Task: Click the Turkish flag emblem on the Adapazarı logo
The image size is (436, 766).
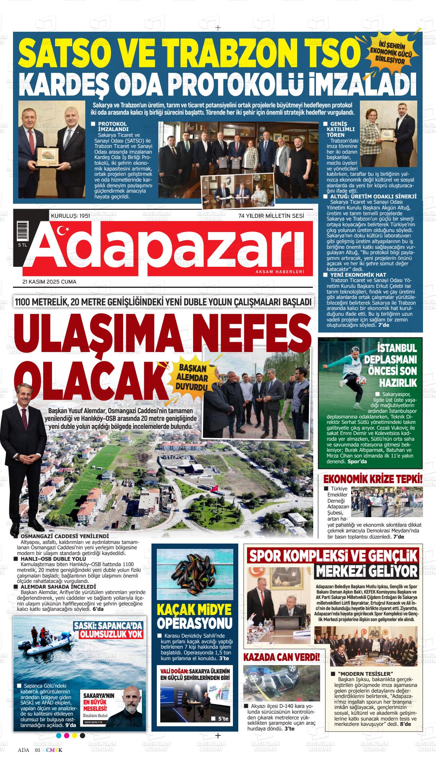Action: (63, 230)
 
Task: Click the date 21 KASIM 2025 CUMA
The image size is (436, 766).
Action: (49, 282)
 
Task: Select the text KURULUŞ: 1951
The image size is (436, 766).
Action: (70, 216)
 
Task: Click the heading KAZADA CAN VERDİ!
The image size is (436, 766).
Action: (281, 657)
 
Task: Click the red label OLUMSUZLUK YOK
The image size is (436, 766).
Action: (111, 634)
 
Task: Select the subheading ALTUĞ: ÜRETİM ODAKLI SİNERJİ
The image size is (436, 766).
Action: (373, 196)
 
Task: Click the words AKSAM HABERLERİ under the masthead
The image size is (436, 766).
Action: (280, 271)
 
